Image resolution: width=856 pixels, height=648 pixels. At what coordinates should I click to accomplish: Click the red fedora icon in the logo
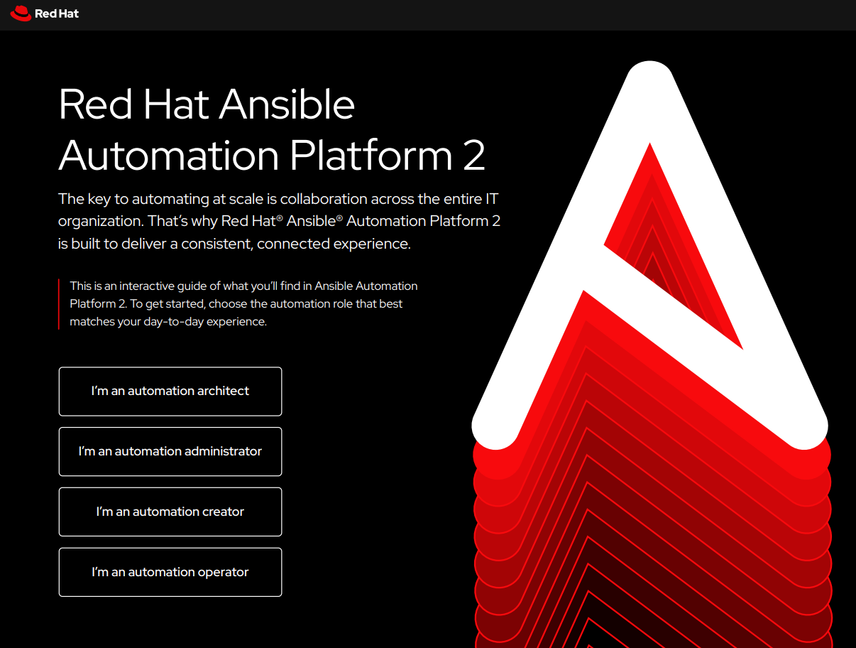point(21,13)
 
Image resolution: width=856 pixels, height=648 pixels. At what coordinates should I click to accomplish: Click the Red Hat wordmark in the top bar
point(57,13)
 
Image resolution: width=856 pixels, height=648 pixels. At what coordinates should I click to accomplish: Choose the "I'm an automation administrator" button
point(170,451)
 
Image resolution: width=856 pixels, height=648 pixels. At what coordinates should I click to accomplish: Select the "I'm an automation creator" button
point(170,512)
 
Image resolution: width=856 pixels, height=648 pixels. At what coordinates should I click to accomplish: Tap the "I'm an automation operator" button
point(170,572)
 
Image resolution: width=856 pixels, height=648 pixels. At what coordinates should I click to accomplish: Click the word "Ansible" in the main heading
point(287,104)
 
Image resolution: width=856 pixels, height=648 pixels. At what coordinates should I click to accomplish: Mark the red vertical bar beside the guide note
point(59,304)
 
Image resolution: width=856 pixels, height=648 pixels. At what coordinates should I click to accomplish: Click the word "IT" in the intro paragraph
point(501,198)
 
